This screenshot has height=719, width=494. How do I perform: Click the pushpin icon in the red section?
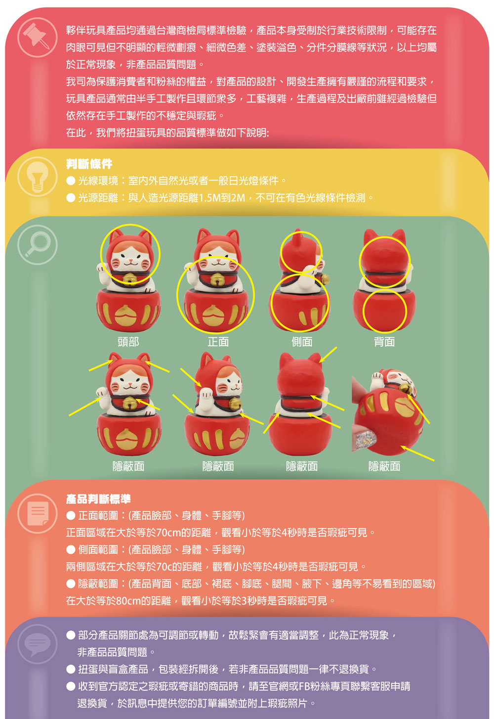click(37, 37)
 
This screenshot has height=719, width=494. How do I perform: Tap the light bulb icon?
click(37, 176)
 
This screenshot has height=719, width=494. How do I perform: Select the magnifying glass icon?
click(37, 245)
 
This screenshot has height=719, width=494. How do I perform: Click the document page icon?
click(37, 513)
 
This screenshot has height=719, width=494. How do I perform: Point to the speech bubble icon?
click(37, 643)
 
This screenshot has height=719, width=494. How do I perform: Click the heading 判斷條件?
click(89, 164)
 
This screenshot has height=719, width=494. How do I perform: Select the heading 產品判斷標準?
click(98, 499)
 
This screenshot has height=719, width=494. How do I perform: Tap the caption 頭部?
click(128, 342)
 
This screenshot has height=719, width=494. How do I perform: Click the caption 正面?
click(218, 342)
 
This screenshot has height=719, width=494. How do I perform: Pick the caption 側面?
click(302, 342)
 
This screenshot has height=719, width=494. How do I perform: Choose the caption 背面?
click(384, 342)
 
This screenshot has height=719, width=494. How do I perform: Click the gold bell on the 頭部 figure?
click(129, 278)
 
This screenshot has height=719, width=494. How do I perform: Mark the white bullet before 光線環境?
click(71, 180)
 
